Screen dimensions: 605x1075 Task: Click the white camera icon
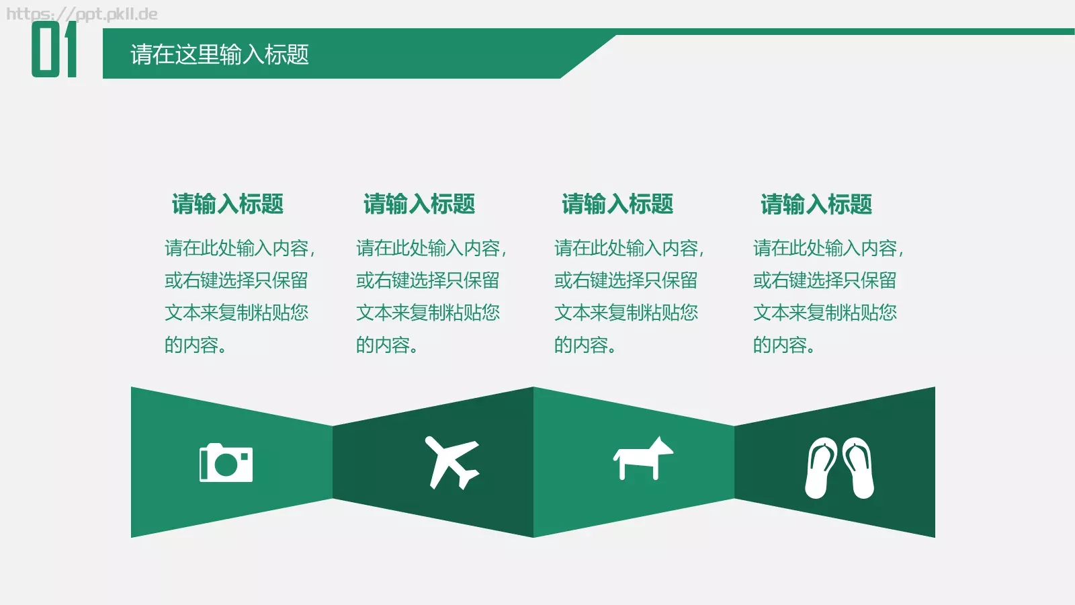coord(226,463)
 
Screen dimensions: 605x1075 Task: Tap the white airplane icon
coord(451,462)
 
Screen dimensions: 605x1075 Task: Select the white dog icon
coord(642,459)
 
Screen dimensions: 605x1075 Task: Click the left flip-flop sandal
coord(821,468)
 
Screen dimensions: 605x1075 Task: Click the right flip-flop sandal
coord(859,468)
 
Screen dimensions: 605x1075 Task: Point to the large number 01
coord(54,49)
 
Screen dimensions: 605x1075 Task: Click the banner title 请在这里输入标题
coord(220,54)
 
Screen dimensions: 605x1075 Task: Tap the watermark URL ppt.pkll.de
coord(82,14)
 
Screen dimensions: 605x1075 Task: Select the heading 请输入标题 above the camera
coord(228,204)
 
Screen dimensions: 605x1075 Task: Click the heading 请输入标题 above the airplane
coord(419,204)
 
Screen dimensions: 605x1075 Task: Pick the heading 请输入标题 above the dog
coord(617,204)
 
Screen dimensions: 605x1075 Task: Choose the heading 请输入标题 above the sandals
coord(816,204)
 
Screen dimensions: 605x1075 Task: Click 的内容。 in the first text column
coord(196,345)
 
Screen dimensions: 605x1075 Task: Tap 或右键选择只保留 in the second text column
coord(428,280)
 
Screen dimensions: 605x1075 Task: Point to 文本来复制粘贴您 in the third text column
coord(626,313)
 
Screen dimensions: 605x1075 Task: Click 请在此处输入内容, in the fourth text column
coord(828,248)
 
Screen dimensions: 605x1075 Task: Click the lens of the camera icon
coord(226,465)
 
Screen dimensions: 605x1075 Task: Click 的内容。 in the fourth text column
coord(783,345)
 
